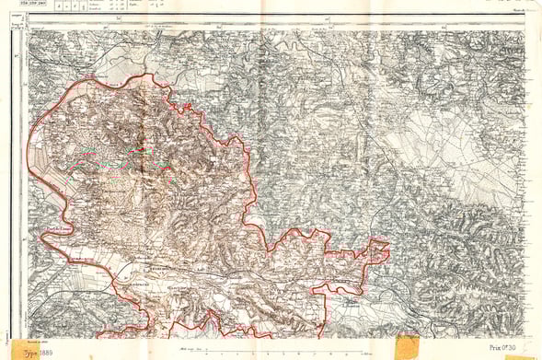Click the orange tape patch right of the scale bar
(406, 347)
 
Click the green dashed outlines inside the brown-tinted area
(120, 157)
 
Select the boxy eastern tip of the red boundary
(379, 250)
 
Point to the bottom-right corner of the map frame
(526, 337)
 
